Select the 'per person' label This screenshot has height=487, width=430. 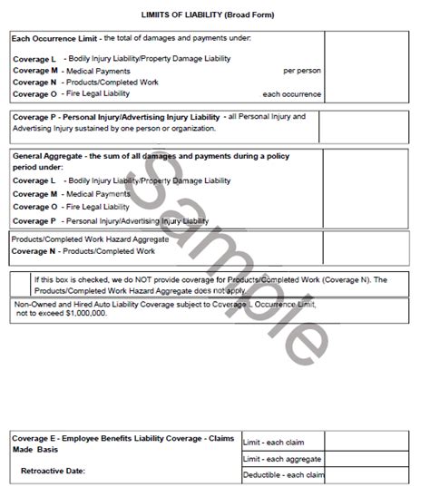[301, 70]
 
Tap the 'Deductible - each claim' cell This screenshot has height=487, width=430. [284, 475]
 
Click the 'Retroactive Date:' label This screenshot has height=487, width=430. [54, 471]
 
